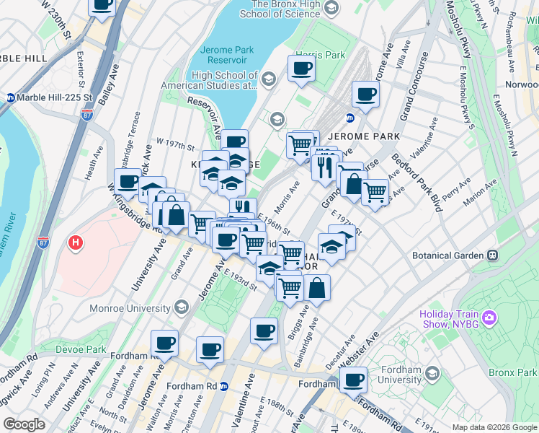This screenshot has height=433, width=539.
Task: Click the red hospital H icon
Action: click(x=74, y=243)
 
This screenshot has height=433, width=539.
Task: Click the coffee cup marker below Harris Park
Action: click(x=301, y=69)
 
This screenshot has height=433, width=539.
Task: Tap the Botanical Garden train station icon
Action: click(x=494, y=255)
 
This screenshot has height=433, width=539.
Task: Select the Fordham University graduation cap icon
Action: click(x=432, y=372)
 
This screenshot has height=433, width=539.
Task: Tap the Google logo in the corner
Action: click(x=24, y=424)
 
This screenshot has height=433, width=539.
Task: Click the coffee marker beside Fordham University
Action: click(x=353, y=380)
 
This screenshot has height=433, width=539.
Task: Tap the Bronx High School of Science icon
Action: click(x=331, y=9)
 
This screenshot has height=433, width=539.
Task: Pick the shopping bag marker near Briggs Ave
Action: click(x=317, y=288)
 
